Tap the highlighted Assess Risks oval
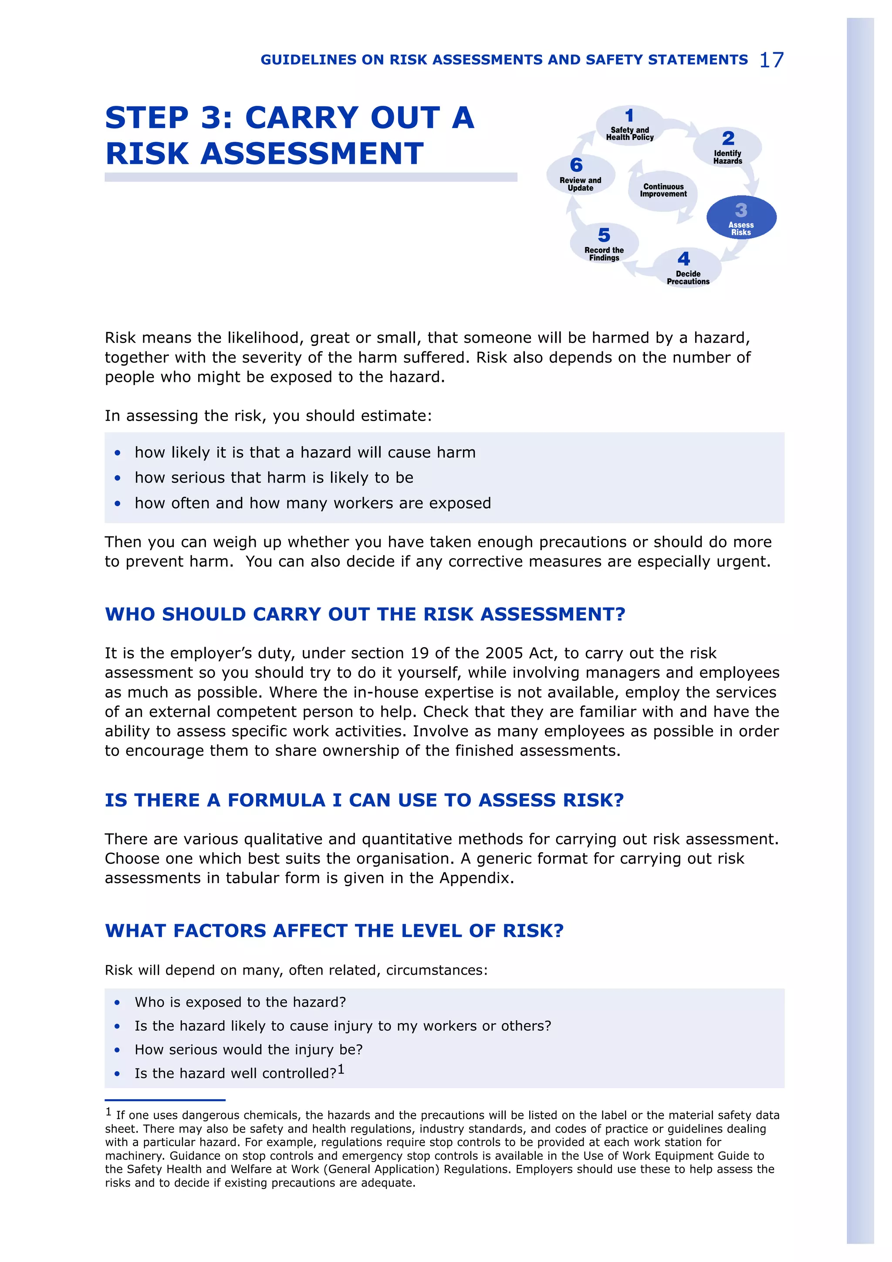741,218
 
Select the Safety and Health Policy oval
630,126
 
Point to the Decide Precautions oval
687,268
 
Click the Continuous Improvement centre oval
663,190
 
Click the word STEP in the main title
147,118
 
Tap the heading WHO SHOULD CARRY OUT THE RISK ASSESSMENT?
365,614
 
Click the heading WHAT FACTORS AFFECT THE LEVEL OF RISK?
334,931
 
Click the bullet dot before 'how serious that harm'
118,478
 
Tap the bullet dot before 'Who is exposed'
118,1002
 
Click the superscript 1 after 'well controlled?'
341,1069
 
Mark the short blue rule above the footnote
165,1100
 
